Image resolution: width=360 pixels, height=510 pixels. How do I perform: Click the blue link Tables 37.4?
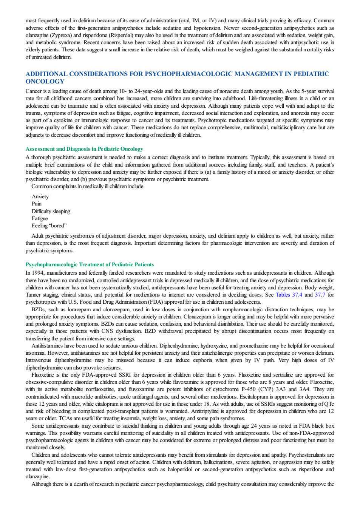click(289, 295)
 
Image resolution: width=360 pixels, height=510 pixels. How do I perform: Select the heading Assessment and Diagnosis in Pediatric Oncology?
click(84, 149)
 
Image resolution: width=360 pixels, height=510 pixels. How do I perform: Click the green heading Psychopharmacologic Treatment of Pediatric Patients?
click(90, 264)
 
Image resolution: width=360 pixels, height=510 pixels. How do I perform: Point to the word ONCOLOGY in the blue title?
click(45, 81)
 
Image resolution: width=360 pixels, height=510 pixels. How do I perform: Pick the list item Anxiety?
click(40, 196)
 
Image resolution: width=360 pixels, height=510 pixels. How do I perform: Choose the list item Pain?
click(36, 204)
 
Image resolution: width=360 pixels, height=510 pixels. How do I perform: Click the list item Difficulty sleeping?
click(51, 211)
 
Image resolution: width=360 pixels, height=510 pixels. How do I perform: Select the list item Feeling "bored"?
click(49, 226)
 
